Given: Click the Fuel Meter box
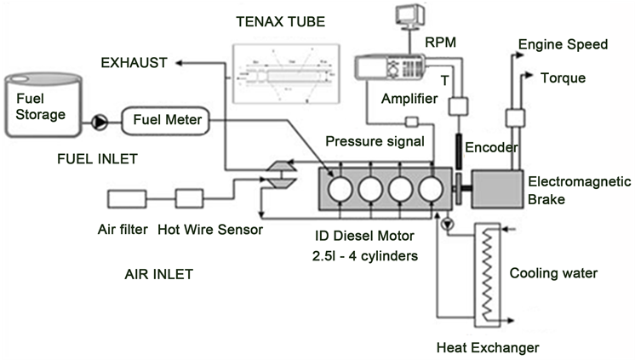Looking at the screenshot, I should (x=166, y=121).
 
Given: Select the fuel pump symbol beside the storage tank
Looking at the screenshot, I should (x=100, y=122).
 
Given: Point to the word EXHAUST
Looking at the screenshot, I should (x=134, y=63).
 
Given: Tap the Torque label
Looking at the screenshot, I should (x=563, y=78).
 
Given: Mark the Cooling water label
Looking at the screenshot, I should (x=552, y=274).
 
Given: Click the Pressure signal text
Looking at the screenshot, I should (x=370, y=139).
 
